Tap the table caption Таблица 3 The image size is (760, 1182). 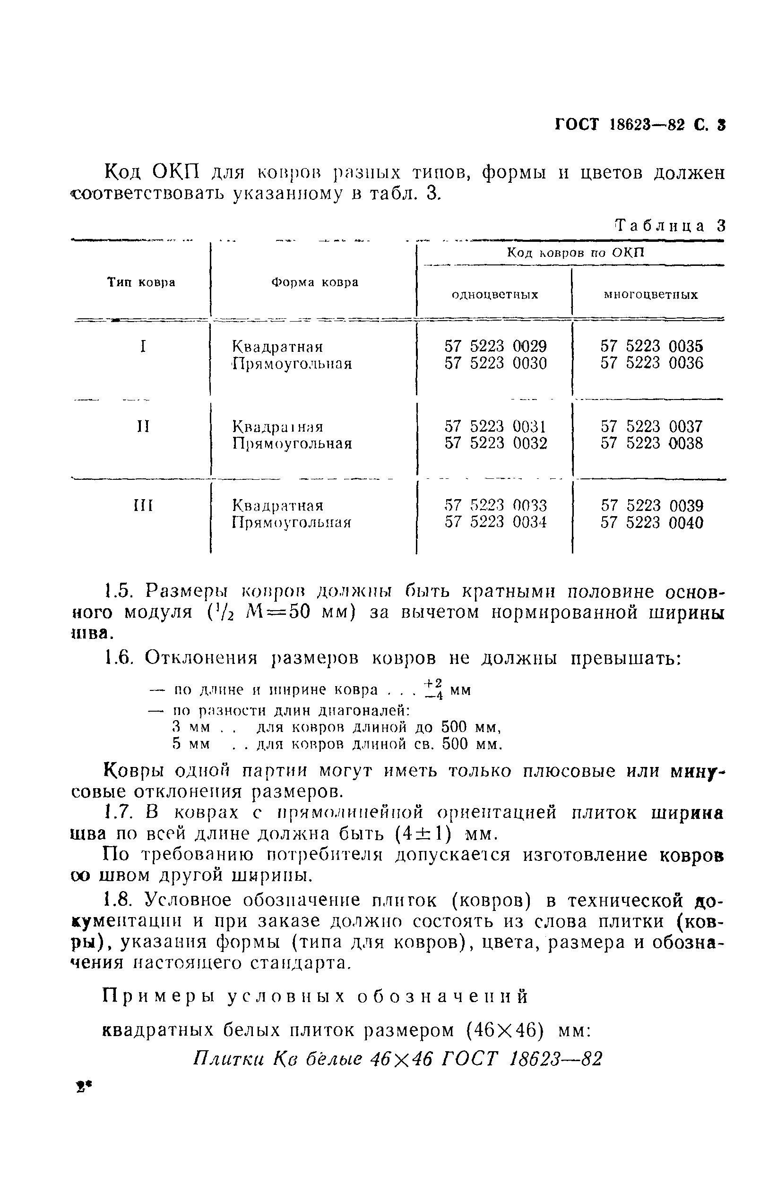[671, 226]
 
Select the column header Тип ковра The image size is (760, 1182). [141, 282]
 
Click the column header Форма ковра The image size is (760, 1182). [314, 282]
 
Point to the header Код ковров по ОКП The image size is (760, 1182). [576, 253]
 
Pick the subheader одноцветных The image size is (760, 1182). [495, 295]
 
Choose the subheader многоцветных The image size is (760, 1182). [651, 295]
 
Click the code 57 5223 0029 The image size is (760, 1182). [495, 346]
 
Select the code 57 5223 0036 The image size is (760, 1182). [651, 364]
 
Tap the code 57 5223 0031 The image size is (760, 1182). [495, 426]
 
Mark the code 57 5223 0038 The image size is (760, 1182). [651, 443]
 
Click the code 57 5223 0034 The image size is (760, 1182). [495, 522]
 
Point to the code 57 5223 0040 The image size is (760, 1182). [651, 523]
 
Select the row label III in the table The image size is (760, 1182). [143, 506]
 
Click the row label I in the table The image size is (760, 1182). [143, 347]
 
